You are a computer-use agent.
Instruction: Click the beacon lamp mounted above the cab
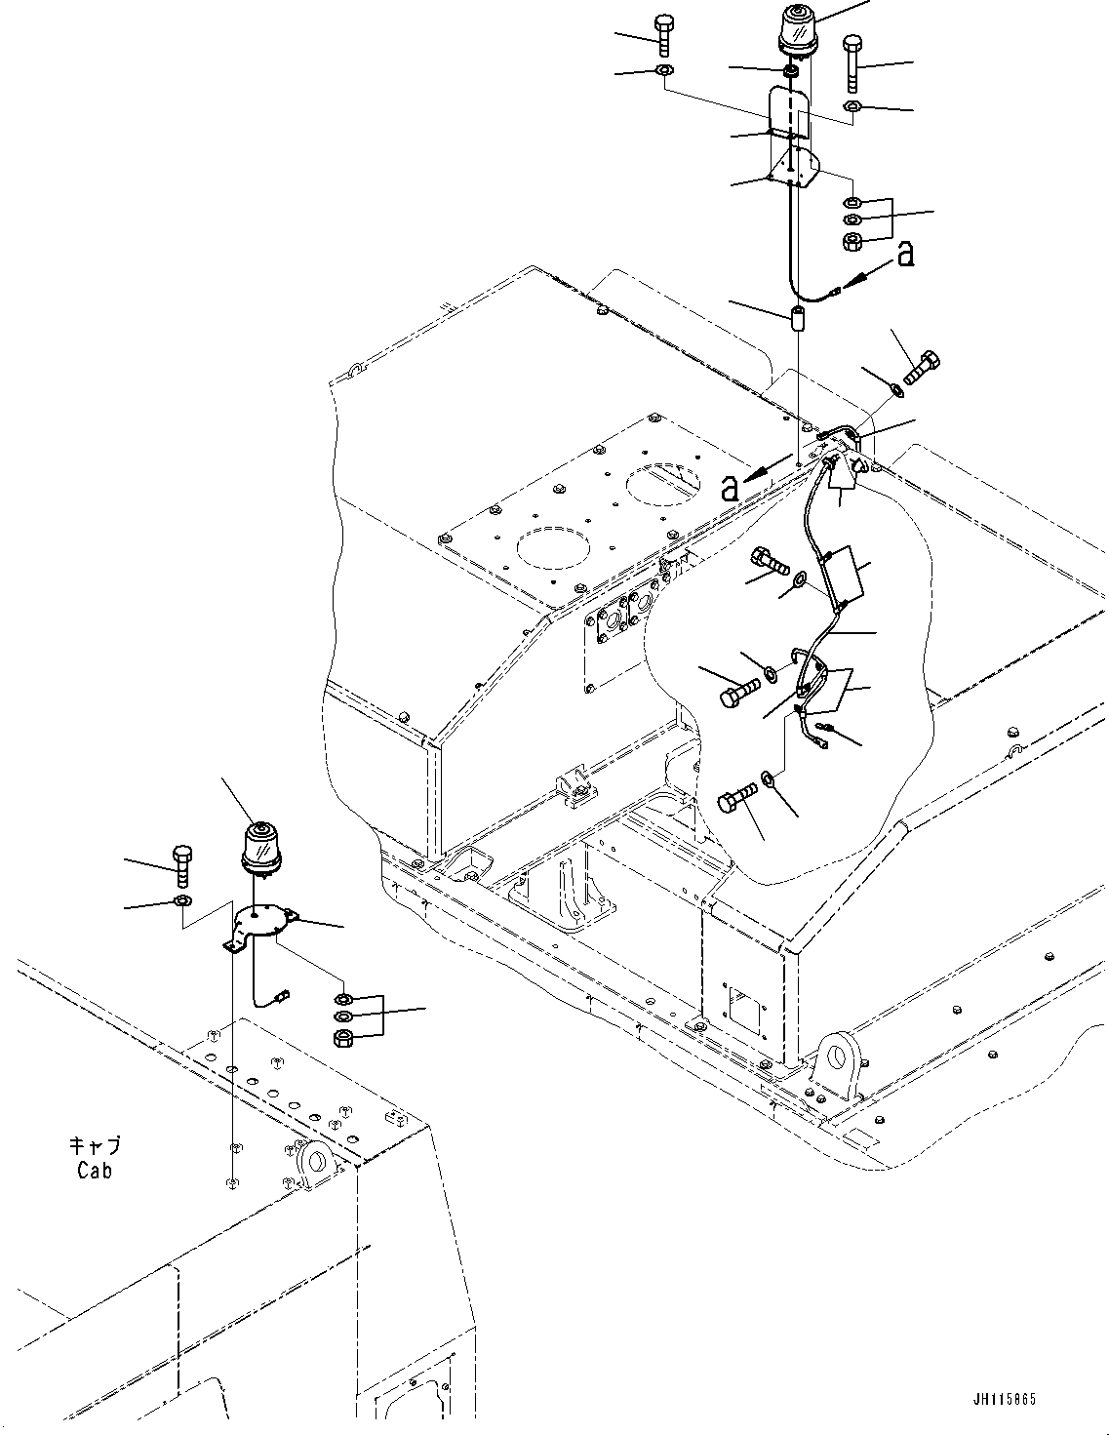pyautogui.click(x=260, y=845)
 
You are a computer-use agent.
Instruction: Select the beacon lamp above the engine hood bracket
pyautogui.click(x=798, y=28)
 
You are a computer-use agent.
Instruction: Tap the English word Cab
pyautogui.click(x=95, y=1170)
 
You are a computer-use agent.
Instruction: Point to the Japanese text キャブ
pyautogui.click(x=95, y=1147)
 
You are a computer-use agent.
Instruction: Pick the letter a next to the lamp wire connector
pyautogui.click(x=905, y=256)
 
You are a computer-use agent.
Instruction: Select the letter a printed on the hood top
pyautogui.click(x=730, y=487)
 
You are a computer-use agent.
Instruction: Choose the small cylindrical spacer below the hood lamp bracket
pyautogui.click(x=797, y=320)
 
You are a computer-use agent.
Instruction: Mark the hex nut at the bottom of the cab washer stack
pyautogui.click(x=343, y=1037)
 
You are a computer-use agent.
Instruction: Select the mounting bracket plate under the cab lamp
pyautogui.click(x=259, y=922)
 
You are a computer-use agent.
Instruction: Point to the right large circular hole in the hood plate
pyautogui.click(x=663, y=481)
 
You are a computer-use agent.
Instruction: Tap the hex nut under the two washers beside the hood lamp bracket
pyautogui.click(x=850, y=241)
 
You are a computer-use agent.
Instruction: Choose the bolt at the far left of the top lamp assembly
pyautogui.click(x=664, y=36)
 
